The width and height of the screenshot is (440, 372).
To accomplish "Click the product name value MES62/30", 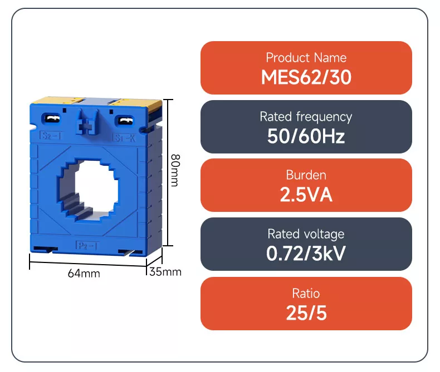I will coord(306,77).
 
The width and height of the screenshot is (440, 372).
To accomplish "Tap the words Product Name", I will coord(306,58).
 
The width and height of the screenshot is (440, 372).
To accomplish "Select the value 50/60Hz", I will coord(306,136).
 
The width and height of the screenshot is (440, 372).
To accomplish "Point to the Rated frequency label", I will coord(306,117).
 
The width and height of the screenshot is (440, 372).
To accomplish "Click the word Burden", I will coord(306,175).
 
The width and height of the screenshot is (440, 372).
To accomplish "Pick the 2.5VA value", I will coord(306,195).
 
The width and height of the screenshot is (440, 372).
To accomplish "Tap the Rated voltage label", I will coord(306,234).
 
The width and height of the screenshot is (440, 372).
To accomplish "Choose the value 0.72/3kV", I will coord(306,254).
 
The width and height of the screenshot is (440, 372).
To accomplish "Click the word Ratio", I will coord(306,293).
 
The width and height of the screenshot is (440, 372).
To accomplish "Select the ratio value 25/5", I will coord(306,313).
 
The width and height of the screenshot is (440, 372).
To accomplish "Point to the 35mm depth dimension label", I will coord(165,272).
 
